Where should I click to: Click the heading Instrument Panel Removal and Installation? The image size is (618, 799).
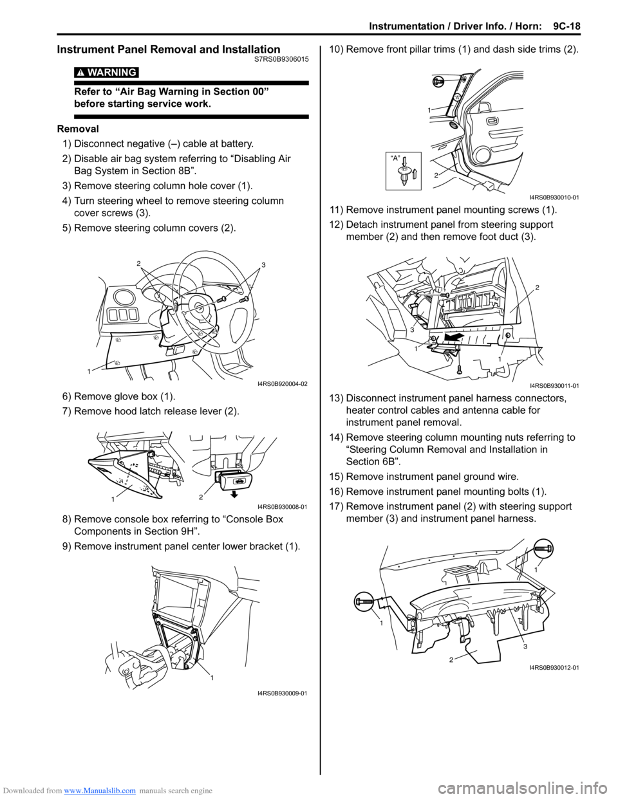coord(169,50)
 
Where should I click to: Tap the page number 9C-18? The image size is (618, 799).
coord(565,26)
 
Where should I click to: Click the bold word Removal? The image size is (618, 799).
coord(78,129)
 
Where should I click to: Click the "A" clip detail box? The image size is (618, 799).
coord(404,171)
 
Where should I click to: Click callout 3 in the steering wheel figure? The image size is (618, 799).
coord(263,265)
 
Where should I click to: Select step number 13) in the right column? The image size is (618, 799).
coord(337,398)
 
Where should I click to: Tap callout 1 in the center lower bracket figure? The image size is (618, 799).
coord(212,677)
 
